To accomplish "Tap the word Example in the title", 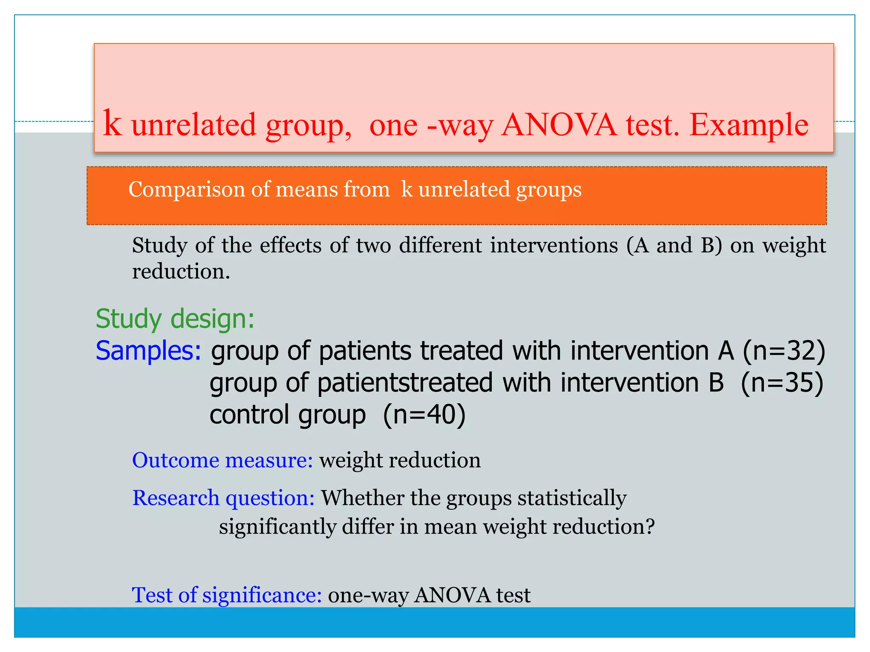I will [749, 126].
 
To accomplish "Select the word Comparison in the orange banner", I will [186, 190].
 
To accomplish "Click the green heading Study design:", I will [175, 319].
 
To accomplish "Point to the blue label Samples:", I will [148, 351].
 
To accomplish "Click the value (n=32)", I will [784, 351].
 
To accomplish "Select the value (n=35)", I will [782, 382].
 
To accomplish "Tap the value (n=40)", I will [424, 415].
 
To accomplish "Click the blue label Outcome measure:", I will [222, 460].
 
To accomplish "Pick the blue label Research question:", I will [223, 498].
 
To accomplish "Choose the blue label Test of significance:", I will [227, 595].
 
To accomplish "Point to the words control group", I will [288, 415].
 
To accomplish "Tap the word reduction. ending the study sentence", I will [181, 271].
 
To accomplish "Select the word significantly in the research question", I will [277, 527].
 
